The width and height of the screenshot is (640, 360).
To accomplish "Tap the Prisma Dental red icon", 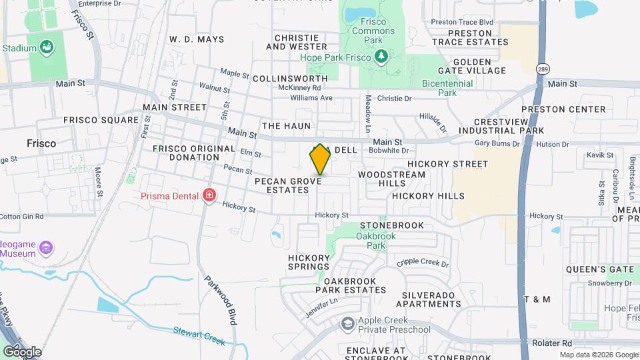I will tap(210, 195).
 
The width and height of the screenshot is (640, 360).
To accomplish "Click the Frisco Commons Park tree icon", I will tap(381, 57).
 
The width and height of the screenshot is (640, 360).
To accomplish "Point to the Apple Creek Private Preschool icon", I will tap(347, 324).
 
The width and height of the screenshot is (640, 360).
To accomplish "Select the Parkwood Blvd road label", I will tap(221, 300).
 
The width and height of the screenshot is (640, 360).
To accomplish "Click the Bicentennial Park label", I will tap(447, 88).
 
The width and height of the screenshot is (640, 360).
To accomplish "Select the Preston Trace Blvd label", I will tap(461, 22).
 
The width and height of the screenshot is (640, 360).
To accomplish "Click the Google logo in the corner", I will tap(21, 351).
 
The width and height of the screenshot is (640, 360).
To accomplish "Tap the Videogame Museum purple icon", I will tap(46, 249).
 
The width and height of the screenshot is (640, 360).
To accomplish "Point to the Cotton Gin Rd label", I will tap(21, 216).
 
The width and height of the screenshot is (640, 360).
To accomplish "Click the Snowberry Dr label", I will tap(609, 283).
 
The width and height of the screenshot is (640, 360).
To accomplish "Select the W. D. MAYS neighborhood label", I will tap(197, 39).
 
